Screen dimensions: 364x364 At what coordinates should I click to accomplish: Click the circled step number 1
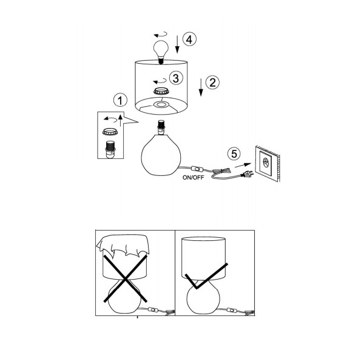[x=120, y=100]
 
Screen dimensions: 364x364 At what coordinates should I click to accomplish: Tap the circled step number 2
[x=212, y=83]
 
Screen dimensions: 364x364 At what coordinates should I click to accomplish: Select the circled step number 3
[x=176, y=78]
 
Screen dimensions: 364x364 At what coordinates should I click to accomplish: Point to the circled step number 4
[x=189, y=39]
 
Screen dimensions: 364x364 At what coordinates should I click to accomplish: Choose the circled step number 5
[x=234, y=153]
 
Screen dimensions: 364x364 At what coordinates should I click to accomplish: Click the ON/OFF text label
[x=194, y=178]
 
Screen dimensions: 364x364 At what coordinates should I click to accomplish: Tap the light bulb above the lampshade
[x=161, y=52]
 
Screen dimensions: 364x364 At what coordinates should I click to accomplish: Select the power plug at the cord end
[x=248, y=174]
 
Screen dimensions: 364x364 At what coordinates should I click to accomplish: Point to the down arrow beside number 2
[x=201, y=87]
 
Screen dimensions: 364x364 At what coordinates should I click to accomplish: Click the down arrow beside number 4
[x=177, y=44]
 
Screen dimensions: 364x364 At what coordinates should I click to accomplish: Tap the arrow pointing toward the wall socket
[x=243, y=165]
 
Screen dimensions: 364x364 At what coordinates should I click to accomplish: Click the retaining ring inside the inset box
[x=110, y=132]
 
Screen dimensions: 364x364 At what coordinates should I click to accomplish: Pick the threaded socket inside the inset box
[x=110, y=149]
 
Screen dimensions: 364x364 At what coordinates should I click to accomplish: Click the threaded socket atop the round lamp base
[x=161, y=127]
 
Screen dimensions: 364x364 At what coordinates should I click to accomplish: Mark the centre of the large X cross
[x=126, y=278]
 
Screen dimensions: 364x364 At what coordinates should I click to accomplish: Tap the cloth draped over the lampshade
[x=123, y=247]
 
